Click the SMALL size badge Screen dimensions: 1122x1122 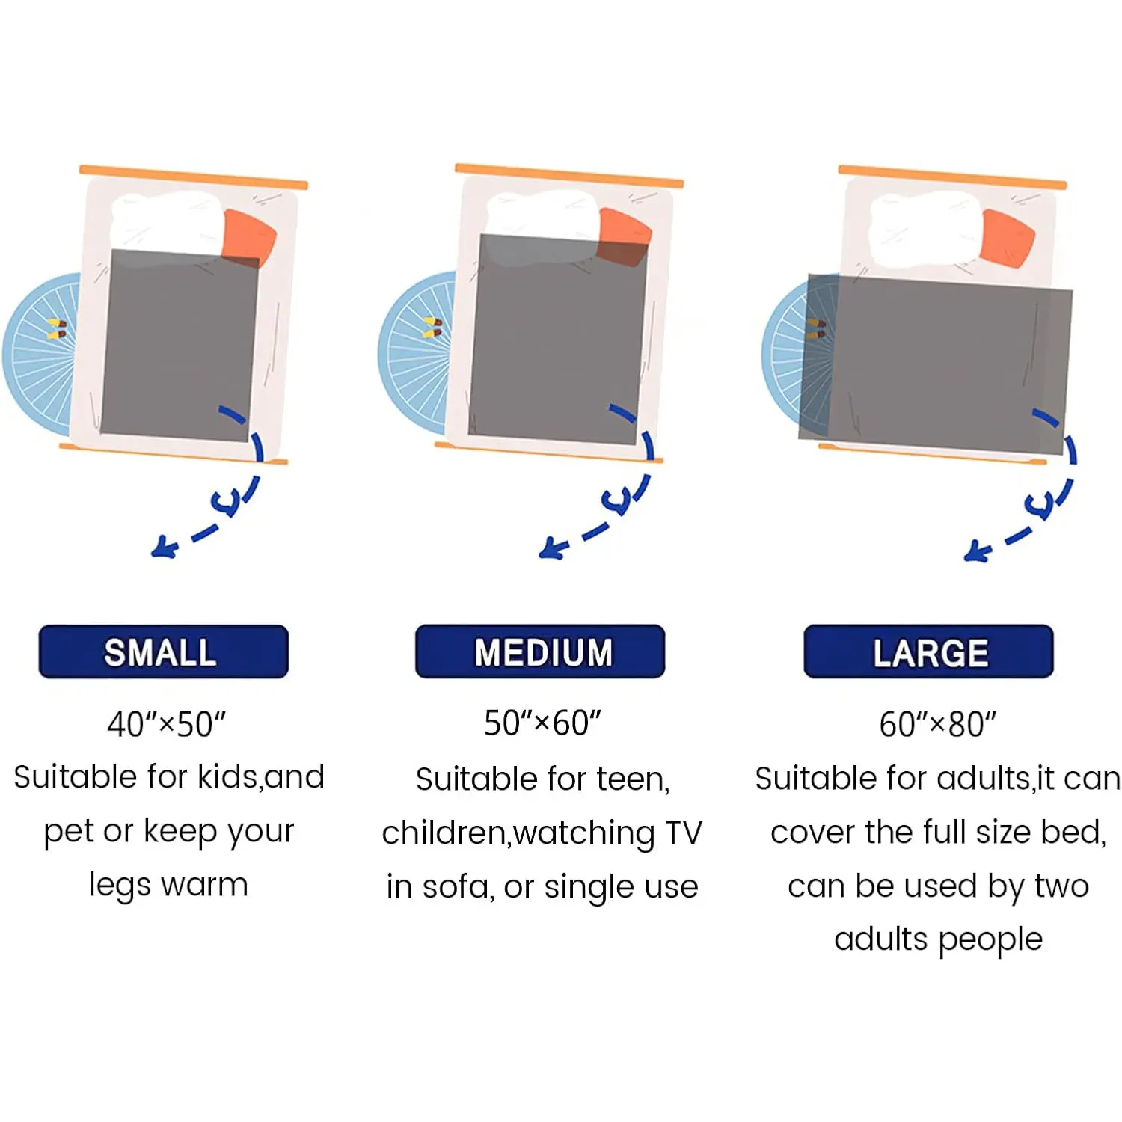[163, 652]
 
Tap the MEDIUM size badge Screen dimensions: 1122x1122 [540, 652]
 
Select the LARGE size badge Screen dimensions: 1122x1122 [928, 652]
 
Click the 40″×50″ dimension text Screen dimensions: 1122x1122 [166, 724]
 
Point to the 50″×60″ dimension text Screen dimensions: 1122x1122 [542, 723]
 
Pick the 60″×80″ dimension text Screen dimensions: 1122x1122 [937, 724]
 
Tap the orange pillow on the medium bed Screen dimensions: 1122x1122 [625, 236]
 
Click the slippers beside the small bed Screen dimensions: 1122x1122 [58, 328]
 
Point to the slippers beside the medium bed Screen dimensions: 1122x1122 [433, 328]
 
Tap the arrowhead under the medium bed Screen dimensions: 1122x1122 [552, 549]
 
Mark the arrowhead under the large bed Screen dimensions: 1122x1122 [977, 552]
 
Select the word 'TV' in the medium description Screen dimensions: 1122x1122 [683, 833]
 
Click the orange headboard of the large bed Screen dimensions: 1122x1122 [952, 177]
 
